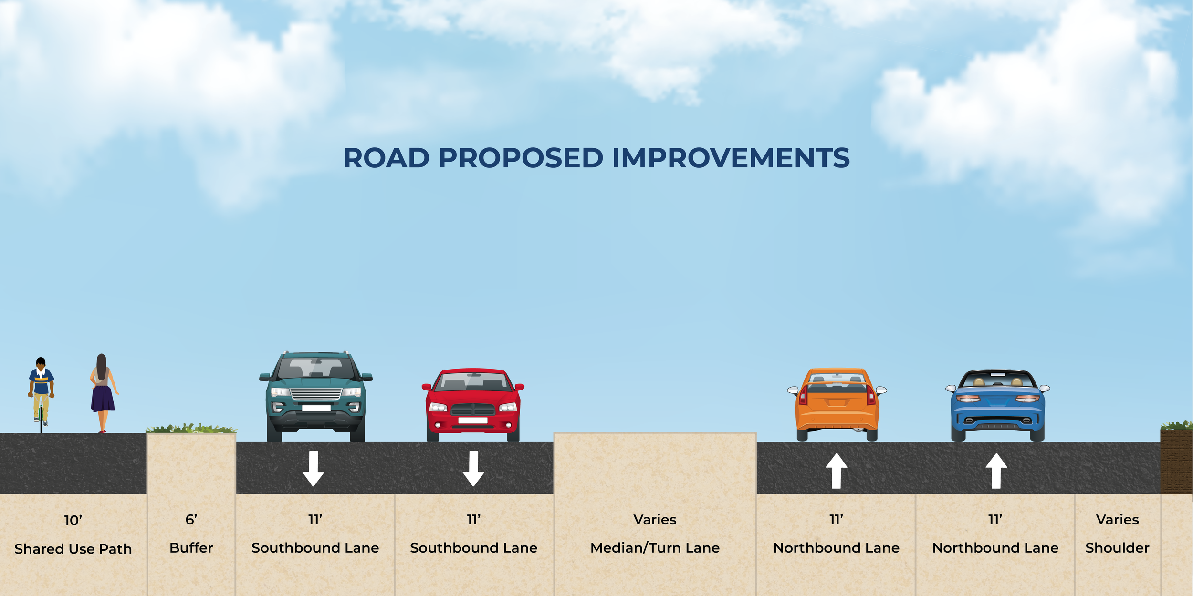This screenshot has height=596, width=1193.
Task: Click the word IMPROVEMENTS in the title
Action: point(731,158)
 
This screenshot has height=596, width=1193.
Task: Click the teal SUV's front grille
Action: point(316,394)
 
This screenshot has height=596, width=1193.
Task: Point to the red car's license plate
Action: point(472,420)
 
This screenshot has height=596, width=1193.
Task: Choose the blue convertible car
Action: point(997,405)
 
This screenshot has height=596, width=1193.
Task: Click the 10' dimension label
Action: point(73,520)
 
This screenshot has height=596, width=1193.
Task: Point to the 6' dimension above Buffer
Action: point(191,519)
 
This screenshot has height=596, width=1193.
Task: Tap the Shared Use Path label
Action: point(73,549)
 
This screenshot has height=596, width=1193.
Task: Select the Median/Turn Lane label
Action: point(655,548)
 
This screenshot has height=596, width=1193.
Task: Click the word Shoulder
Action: point(1117,548)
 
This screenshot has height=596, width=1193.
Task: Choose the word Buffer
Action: point(191,548)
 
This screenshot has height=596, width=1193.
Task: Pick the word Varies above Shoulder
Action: point(1117,519)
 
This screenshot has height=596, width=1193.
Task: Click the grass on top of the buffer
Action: point(191,429)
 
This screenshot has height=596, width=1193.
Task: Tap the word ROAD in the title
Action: point(386,158)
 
